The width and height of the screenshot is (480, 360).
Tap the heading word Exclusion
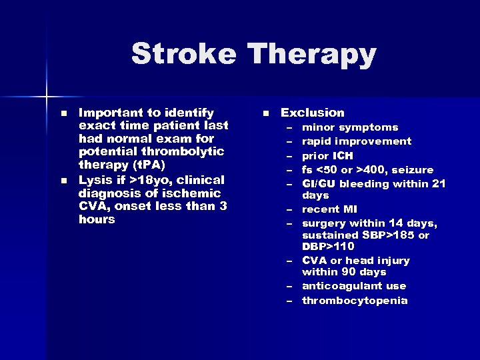(x=313, y=113)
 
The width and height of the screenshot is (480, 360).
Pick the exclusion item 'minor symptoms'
(x=350, y=127)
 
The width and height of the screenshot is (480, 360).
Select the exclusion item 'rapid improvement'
(x=357, y=141)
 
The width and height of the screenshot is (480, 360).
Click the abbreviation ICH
(x=346, y=155)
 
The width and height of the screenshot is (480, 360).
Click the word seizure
(x=414, y=169)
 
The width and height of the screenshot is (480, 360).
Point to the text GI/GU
(x=318, y=183)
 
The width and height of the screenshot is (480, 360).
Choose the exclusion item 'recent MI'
(x=329, y=209)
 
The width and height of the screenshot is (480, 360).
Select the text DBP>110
(x=328, y=247)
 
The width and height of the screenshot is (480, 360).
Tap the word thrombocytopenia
(x=355, y=300)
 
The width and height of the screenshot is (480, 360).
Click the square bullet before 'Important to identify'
(x=63, y=113)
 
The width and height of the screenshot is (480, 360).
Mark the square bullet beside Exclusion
(x=265, y=113)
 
